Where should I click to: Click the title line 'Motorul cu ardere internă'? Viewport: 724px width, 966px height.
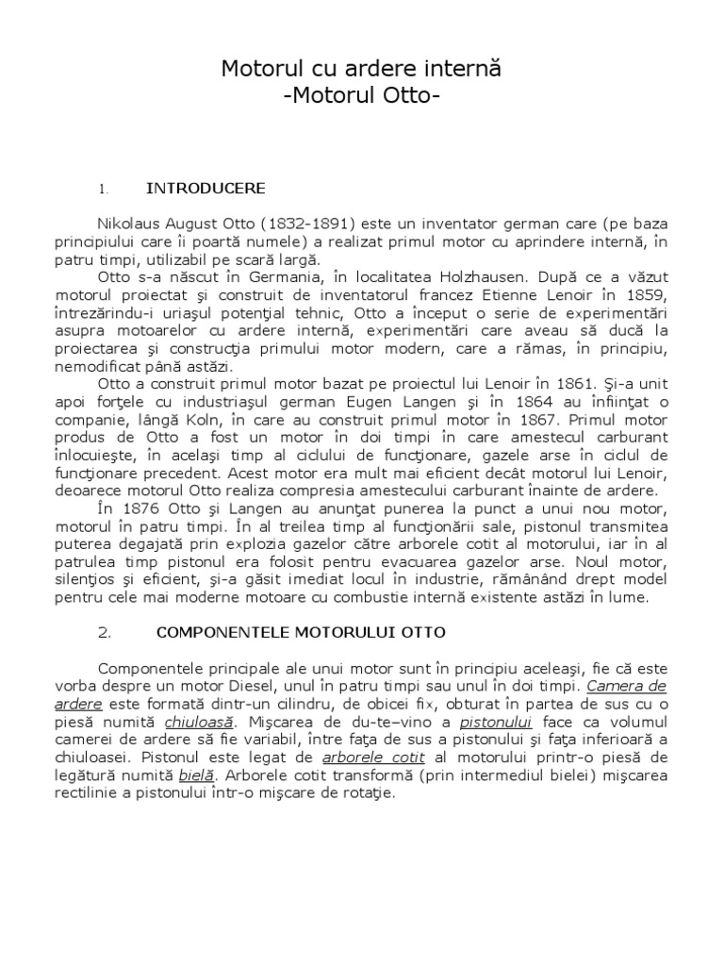(362, 69)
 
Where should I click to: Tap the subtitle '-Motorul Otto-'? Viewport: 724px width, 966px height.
(362, 96)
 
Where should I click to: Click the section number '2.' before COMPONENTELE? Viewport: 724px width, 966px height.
(105, 631)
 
